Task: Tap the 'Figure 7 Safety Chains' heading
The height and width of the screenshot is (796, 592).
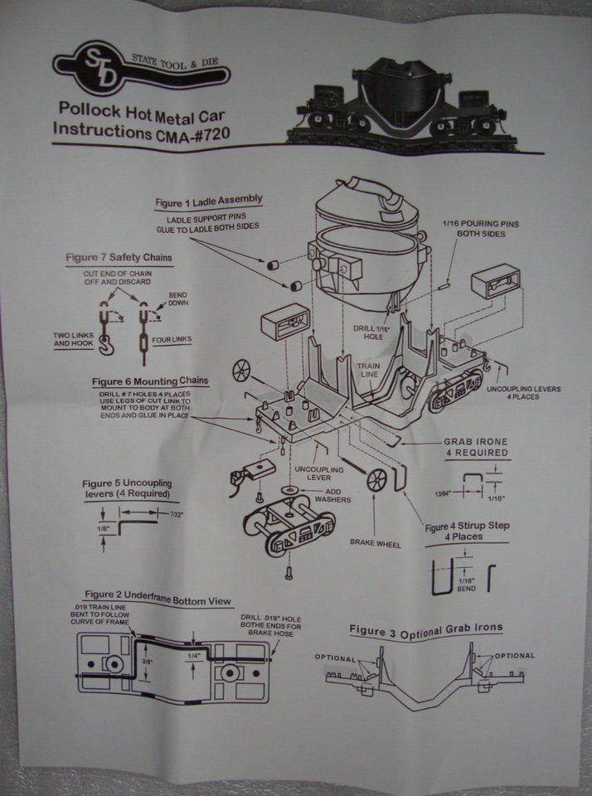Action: pos(119,257)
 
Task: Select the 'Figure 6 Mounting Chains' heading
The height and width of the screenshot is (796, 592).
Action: pos(149,381)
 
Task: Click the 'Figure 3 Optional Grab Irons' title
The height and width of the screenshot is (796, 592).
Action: pos(425,629)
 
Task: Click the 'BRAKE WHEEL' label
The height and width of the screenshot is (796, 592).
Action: pos(375,544)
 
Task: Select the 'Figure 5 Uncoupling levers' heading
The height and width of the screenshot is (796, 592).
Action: pos(127,488)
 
